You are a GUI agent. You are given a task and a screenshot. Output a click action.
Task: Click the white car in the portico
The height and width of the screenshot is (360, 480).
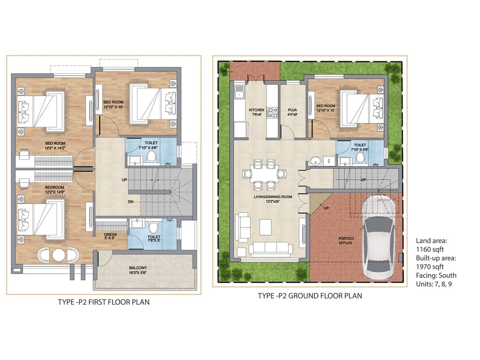tap(378, 237)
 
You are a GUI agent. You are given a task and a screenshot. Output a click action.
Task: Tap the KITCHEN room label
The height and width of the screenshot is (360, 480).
tap(256, 112)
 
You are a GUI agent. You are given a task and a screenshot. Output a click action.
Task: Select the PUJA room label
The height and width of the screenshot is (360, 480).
tap(292, 112)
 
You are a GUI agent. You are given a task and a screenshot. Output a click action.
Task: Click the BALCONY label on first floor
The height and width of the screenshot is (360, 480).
tap(138, 270)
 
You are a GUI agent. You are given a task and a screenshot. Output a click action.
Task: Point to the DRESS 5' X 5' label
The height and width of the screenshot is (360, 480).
tap(110, 236)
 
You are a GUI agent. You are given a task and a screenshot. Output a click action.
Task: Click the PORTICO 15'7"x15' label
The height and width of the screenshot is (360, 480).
tap(346, 241)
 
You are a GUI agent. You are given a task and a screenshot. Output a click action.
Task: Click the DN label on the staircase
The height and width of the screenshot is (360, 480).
tap(131, 202)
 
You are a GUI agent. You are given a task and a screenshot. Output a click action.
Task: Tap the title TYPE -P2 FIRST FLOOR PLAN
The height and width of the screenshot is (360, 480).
tap(104, 302)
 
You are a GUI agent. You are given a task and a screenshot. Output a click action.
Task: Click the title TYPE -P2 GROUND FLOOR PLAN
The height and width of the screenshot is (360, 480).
tap(310, 296)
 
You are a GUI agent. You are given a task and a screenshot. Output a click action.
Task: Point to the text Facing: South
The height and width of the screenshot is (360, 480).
tap(436, 275)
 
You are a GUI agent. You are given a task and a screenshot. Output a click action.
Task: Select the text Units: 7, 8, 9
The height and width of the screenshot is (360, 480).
tap(434, 284)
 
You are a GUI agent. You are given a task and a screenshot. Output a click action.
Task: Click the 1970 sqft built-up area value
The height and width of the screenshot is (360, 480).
tap(430, 267)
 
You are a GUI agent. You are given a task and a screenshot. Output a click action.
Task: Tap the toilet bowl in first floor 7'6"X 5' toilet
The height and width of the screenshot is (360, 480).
tap(153, 228)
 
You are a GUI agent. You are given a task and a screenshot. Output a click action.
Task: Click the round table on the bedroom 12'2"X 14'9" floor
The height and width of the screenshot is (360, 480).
tap(58, 255)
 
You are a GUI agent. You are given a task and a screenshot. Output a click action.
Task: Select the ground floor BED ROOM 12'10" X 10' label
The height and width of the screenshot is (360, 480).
tap(326, 108)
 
